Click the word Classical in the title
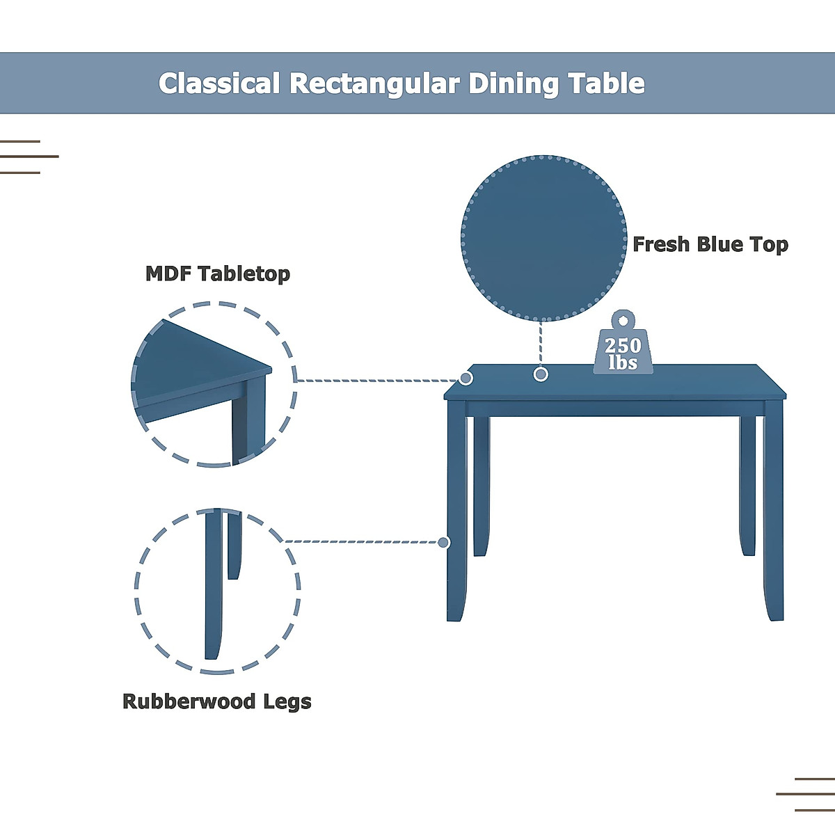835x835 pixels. [219, 83]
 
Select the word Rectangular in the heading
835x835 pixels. [374, 83]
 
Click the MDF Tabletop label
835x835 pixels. [218, 273]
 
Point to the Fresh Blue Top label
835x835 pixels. [710, 244]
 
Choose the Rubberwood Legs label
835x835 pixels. [217, 701]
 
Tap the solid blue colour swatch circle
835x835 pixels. [543, 238]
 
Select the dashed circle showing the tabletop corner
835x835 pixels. [214, 384]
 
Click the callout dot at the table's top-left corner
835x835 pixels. [466, 378]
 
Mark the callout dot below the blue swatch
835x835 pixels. [541, 374]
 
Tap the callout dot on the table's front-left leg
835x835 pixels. [444, 542]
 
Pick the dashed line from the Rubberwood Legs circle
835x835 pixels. [362, 541]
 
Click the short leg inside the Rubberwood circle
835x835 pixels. [234, 546]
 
